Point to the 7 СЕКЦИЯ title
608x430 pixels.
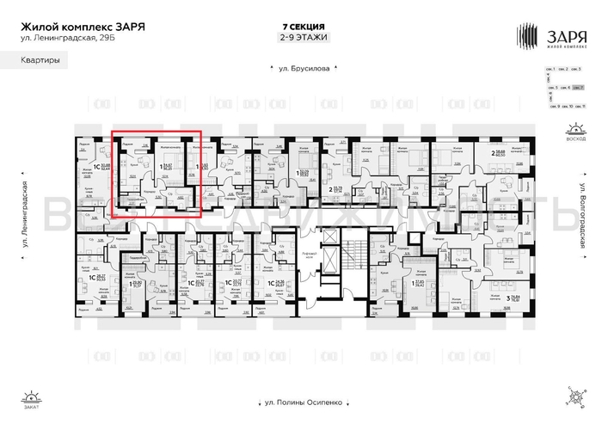click(x=304, y=26)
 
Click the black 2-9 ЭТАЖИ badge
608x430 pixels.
click(x=304, y=38)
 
